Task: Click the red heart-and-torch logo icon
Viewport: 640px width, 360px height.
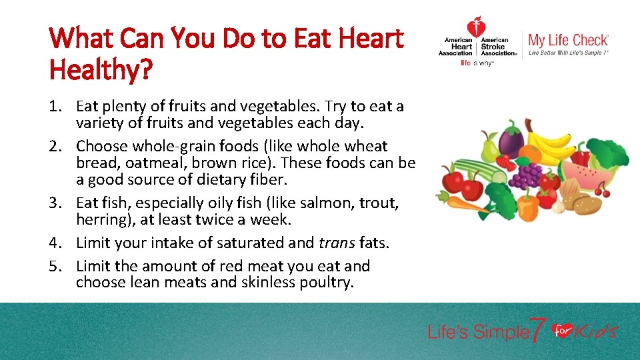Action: (476, 28)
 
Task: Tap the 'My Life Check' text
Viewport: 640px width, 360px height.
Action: (568, 39)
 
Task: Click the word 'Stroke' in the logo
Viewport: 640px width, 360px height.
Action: (495, 47)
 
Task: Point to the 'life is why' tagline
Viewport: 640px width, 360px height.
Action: (476, 63)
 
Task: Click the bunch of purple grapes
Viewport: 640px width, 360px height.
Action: (529, 175)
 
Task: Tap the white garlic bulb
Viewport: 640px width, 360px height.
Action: (557, 207)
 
